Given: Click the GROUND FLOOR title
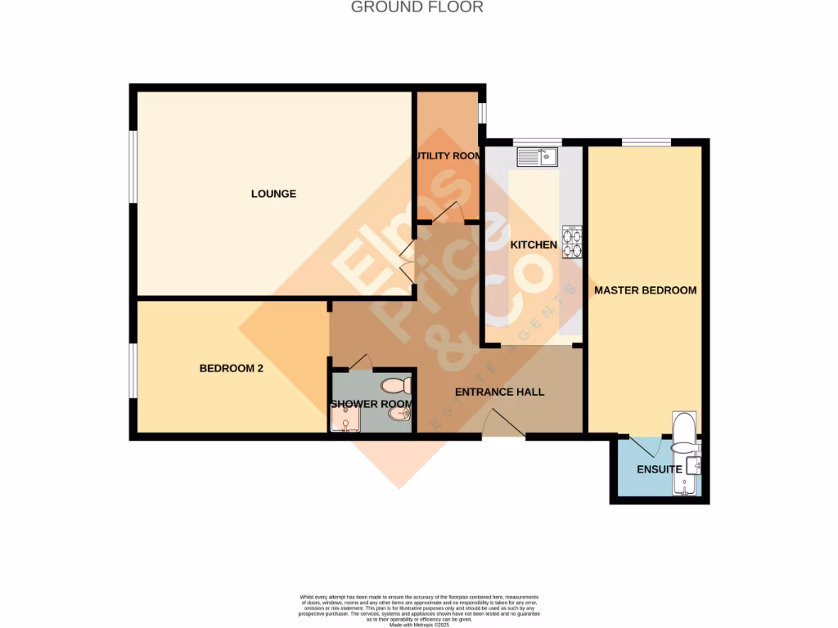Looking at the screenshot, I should pyautogui.click(x=417, y=7).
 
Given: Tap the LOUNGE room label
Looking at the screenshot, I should pyautogui.click(x=273, y=194).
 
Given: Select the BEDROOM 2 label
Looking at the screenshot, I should pyautogui.click(x=232, y=369).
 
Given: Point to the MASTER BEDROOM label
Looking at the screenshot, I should pyautogui.click(x=645, y=290).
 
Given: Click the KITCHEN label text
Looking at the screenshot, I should pyautogui.click(x=534, y=244).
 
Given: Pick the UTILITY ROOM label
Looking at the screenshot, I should pyautogui.click(x=447, y=156).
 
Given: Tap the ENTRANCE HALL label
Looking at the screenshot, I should pyautogui.click(x=499, y=392).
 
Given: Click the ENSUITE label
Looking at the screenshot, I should pyautogui.click(x=659, y=469).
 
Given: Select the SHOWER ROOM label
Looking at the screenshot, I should pyautogui.click(x=371, y=404).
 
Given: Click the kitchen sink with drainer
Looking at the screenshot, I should pyautogui.click(x=537, y=155).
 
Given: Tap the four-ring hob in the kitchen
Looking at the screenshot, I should pyautogui.click(x=571, y=242).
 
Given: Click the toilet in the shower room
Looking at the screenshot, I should pyautogui.click(x=396, y=385).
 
